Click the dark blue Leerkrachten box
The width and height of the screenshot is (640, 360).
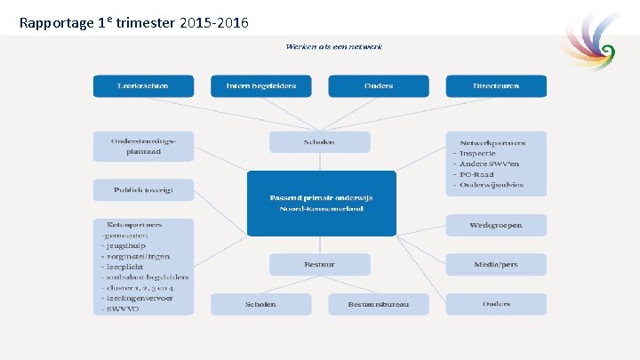pyautogui.click(x=142, y=86)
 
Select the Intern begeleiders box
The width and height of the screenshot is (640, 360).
pyautogui.click(x=260, y=86)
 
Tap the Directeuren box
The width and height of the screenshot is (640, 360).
pyautogui.click(x=496, y=86)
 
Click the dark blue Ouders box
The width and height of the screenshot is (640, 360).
pyautogui.click(x=379, y=86)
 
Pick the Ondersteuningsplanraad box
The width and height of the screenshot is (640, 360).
pyautogui.click(x=142, y=147)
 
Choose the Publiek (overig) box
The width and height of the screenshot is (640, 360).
pyautogui.click(x=142, y=190)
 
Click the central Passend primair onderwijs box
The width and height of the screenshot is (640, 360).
pyautogui.click(x=321, y=203)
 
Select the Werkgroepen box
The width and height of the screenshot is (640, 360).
pyautogui.click(x=496, y=225)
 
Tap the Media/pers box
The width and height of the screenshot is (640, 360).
pyautogui.click(x=496, y=264)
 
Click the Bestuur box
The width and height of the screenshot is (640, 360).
pyautogui.click(x=320, y=264)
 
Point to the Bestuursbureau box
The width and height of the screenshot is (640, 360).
pyautogui.click(x=379, y=304)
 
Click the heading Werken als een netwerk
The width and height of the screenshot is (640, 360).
pyautogui.click(x=333, y=46)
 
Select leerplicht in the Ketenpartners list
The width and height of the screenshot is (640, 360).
pyautogui.click(x=130, y=266)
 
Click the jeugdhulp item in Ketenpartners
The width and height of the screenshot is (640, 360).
pyautogui.click(x=130, y=244)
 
